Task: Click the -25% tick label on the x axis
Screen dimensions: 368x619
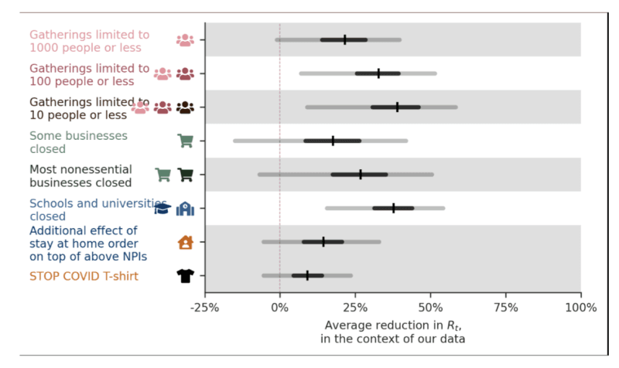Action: click(x=205, y=307)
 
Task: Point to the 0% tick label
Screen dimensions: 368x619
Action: click(x=280, y=307)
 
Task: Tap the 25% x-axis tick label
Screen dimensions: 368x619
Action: click(x=355, y=307)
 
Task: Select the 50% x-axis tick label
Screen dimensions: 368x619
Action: click(x=430, y=307)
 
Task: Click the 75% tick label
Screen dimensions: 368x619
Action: click(x=506, y=307)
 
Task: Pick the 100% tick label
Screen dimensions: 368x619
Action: click(x=580, y=307)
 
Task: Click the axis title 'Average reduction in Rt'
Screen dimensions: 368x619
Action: click(x=392, y=325)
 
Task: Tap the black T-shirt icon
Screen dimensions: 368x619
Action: click(x=185, y=275)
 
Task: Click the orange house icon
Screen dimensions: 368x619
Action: click(x=185, y=242)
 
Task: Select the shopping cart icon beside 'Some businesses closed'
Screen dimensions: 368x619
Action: click(x=185, y=141)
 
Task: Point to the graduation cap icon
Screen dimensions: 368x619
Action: click(x=162, y=208)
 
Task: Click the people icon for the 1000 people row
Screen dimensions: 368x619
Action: click(x=185, y=40)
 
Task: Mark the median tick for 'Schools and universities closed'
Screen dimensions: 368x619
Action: click(x=394, y=208)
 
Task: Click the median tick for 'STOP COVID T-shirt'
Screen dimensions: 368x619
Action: click(x=307, y=275)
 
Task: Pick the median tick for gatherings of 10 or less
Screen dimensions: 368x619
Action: click(x=397, y=107)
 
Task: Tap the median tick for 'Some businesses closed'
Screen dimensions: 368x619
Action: click(x=333, y=141)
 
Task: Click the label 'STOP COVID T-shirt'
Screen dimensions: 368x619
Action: click(x=85, y=276)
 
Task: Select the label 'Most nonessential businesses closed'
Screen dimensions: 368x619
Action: click(x=80, y=175)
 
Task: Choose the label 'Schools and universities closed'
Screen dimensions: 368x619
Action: click(x=89, y=209)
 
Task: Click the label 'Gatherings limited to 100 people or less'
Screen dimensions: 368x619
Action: click(x=89, y=74)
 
